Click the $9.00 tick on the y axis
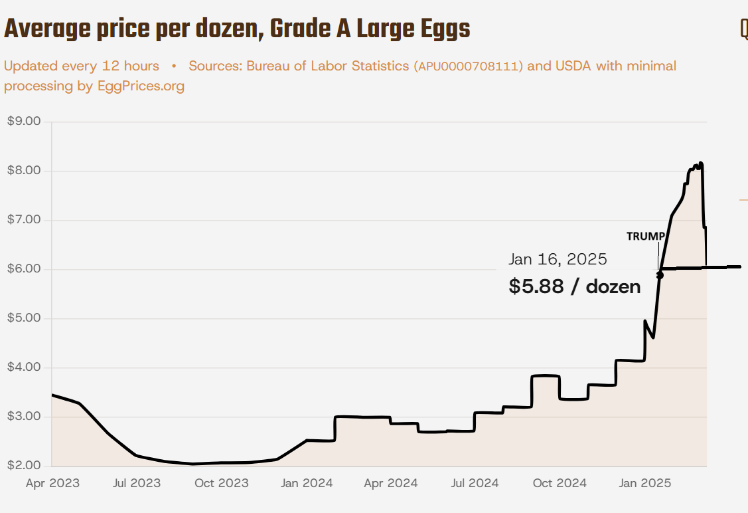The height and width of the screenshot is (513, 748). click(x=24, y=122)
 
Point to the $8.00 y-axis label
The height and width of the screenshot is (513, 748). click(x=24, y=171)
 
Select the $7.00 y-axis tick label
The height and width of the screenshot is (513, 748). click(x=24, y=220)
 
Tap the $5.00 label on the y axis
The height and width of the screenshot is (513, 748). click(x=24, y=318)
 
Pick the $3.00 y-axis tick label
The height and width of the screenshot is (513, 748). click(x=24, y=417)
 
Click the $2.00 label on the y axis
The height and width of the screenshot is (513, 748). click(x=24, y=465)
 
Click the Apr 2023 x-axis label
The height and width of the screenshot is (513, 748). click(x=52, y=483)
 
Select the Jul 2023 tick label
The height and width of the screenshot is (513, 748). click(x=137, y=483)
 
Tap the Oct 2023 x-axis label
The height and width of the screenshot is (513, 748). click(x=222, y=483)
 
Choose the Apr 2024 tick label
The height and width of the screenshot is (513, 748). click(x=391, y=483)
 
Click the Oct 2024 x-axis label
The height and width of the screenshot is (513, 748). click(x=560, y=483)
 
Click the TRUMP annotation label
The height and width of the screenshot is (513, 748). click(x=645, y=236)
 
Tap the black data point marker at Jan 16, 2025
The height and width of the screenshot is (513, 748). click(x=660, y=275)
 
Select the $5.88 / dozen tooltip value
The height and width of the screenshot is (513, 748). click(x=575, y=286)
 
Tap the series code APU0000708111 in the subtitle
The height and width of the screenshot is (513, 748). click(x=469, y=66)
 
